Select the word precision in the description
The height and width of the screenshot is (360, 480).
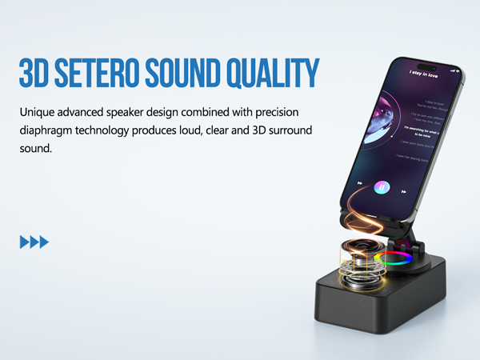click(x=275, y=112)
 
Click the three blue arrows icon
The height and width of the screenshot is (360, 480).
click(x=34, y=242)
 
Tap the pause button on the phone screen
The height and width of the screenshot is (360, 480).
click(x=382, y=187)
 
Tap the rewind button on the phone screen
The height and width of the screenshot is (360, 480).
click(x=359, y=183)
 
